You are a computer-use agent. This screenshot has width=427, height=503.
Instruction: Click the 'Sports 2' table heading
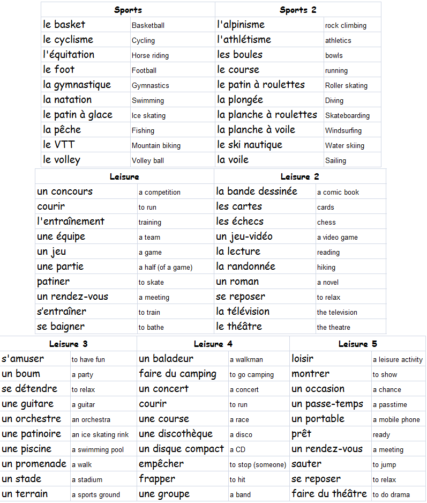point(298,10)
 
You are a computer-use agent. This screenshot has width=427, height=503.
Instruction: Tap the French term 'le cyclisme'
point(68,40)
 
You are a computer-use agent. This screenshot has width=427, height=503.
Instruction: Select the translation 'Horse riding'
point(150,55)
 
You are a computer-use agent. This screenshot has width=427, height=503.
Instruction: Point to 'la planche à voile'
point(256,130)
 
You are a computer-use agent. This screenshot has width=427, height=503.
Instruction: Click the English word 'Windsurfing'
point(343,130)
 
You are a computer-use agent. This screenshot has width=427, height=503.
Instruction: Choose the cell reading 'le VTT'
point(59,145)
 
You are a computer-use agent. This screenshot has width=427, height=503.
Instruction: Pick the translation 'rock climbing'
point(346,25)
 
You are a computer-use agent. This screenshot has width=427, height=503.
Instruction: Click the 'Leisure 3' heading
point(68,344)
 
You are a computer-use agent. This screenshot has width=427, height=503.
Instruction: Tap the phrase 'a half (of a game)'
point(165,267)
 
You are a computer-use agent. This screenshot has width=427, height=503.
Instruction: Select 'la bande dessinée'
point(257,191)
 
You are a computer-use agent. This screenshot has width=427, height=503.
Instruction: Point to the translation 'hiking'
point(326,267)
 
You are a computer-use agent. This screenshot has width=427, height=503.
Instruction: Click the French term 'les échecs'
point(239,221)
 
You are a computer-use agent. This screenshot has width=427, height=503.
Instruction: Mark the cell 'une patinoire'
point(31,434)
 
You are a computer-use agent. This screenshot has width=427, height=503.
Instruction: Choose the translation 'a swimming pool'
point(98,449)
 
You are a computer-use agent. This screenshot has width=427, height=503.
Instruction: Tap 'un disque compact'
point(181,449)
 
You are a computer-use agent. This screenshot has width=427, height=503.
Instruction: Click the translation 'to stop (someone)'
point(258,464)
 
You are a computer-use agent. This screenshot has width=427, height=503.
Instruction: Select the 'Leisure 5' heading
point(357,344)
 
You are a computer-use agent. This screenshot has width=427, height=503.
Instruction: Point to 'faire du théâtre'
point(329,494)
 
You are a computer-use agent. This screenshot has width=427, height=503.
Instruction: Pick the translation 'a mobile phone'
point(396,419)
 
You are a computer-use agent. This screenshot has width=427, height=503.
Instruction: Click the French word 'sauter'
point(306,464)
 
